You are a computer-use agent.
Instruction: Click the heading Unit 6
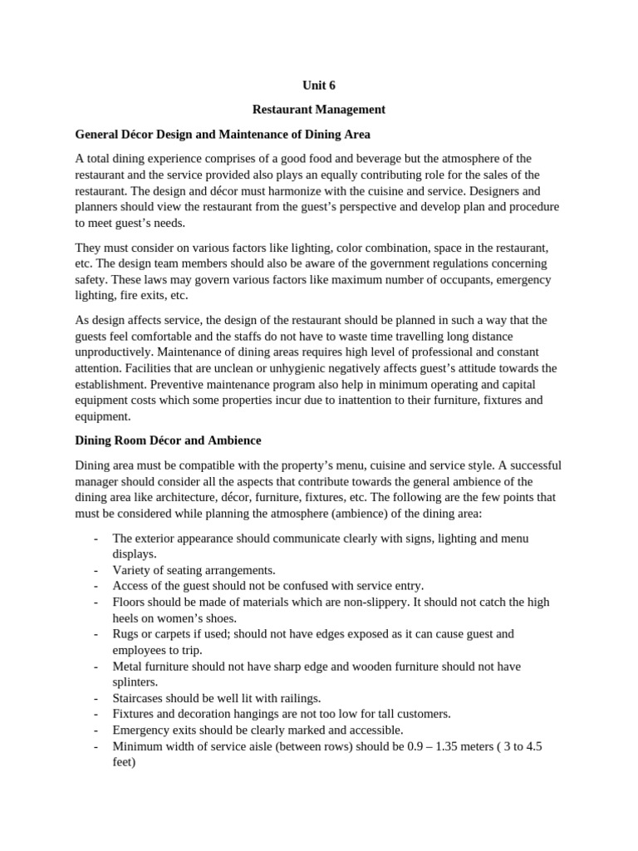[319, 85]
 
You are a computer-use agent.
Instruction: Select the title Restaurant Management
[319, 109]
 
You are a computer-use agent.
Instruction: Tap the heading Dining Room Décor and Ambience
[169, 440]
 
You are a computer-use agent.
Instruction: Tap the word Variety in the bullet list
[133, 570]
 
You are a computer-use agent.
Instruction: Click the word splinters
[134, 681]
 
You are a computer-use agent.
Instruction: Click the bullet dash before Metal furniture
[97, 666]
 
